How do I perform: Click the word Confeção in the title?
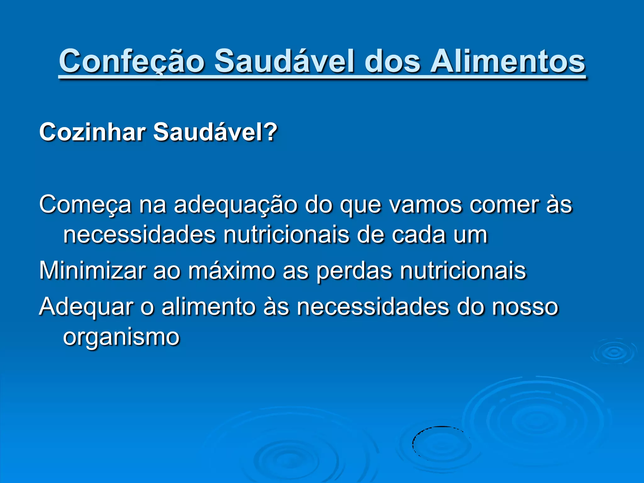[x=131, y=61]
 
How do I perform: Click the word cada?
[x=418, y=235]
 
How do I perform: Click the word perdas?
[x=354, y=270]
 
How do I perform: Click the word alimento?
[x=208, y=307]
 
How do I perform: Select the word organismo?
[x=121, y=337]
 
